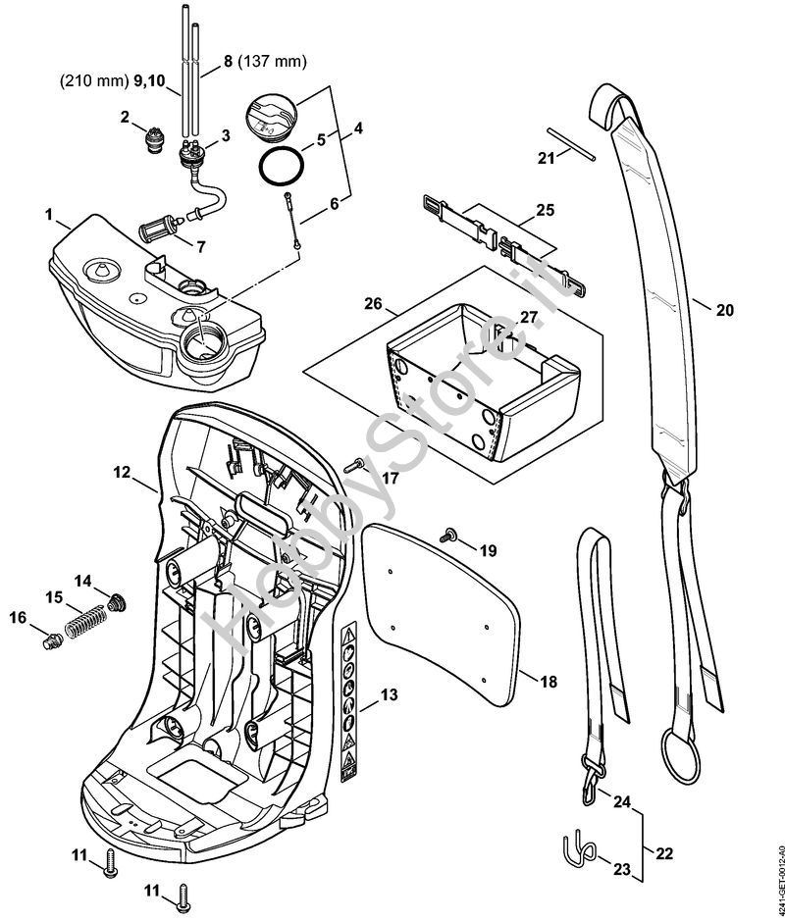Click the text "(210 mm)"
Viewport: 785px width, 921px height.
point(87,83)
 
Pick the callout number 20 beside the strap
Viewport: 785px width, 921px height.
point(724,310)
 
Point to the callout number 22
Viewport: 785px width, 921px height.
point(664,853)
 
